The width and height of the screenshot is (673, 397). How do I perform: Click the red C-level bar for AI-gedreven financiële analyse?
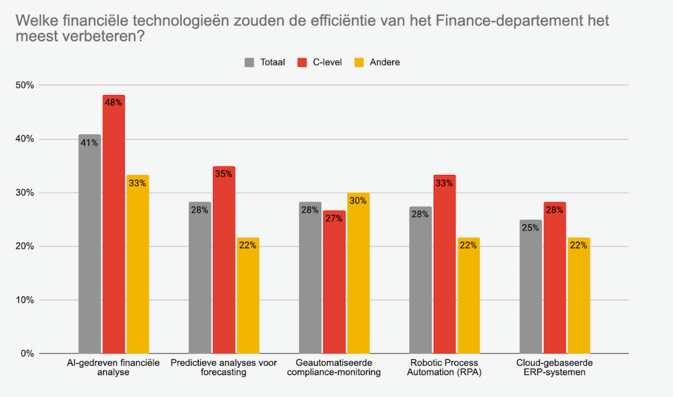click(x=114, y=226)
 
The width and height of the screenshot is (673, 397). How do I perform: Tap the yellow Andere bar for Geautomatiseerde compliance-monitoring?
click(x=358, y=273)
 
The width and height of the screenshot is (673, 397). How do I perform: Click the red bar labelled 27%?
click(x=334, y=284)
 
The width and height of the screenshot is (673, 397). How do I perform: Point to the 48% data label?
click(x=114, y=103)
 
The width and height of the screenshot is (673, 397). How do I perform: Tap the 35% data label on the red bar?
click(x=224, y=174)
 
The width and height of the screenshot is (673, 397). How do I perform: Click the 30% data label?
click(x=358, y=200)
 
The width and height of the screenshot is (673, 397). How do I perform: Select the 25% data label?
click(x=531, y=228)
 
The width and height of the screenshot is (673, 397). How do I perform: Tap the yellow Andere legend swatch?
click(x=359, y=62)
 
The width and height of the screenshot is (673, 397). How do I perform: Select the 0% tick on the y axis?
click(x=27, y=354)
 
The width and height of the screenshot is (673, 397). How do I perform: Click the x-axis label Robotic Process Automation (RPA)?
click(x=444, y=368)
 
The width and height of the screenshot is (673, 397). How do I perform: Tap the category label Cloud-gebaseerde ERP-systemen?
click(x=554, y=368)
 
